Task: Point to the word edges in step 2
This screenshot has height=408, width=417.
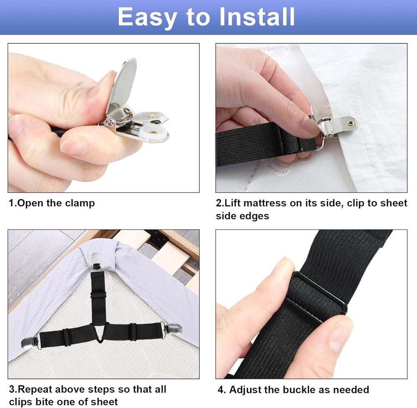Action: (254, 216)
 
